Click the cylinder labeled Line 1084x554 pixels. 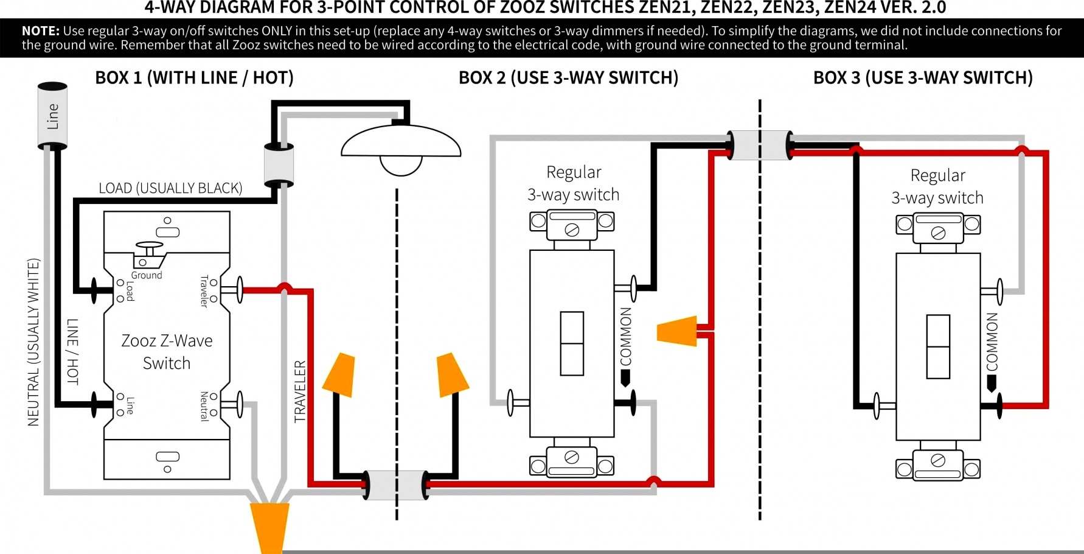point(52,116)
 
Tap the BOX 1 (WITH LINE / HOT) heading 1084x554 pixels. point(194,78)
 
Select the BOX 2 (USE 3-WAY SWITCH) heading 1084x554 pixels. point(568,78)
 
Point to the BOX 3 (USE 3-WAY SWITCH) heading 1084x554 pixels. point(923,78)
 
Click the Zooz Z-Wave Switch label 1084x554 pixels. point(167,352)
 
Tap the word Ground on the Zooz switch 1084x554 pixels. point(147,275)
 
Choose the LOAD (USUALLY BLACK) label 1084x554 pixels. point(170,188)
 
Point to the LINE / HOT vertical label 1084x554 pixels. point(72,351)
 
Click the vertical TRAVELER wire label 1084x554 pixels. point(300,391)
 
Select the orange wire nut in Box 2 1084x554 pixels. point(678,331)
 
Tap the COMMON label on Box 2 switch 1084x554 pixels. point(626,336)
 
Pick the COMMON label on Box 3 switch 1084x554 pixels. point(992,342)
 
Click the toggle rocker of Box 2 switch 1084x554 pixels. point(572,343)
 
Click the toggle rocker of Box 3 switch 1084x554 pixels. point(938,346)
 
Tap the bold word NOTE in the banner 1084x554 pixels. point(41,31)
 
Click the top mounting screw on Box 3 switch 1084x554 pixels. point(938,233)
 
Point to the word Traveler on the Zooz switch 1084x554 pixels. point(204,291)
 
